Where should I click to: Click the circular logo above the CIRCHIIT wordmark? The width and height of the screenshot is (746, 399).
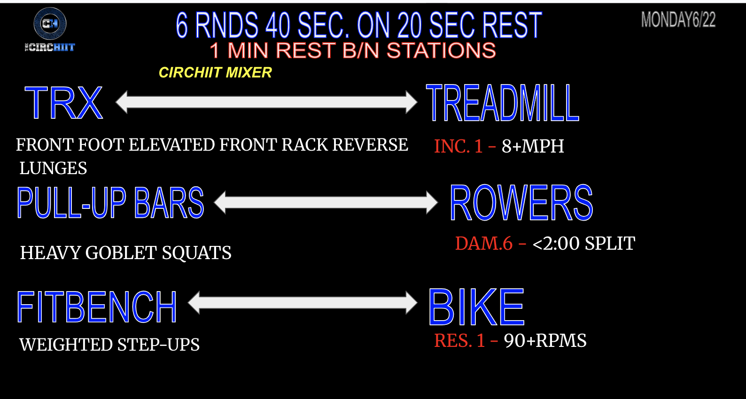[50, 23]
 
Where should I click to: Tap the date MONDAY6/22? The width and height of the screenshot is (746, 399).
[678, 19]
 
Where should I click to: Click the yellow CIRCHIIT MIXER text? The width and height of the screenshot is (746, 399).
[215, 73]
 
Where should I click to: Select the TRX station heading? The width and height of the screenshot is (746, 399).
[63, 102]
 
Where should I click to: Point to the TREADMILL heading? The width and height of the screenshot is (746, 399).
[503, 103]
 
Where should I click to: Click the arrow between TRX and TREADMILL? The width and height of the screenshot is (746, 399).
[266, 102]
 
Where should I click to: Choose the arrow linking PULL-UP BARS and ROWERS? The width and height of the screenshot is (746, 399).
[326, 202]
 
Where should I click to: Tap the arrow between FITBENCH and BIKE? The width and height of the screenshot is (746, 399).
[303, 302]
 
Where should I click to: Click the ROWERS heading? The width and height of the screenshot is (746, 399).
[521, 203]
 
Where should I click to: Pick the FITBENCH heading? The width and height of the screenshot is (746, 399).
[97, 307]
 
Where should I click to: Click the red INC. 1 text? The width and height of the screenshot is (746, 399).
[458, 146]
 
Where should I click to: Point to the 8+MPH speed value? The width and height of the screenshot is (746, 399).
[533, 146]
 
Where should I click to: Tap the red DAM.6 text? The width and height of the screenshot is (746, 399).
[483, 243]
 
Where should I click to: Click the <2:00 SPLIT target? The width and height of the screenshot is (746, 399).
[584, 243]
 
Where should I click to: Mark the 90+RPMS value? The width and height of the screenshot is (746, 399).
[545, 340]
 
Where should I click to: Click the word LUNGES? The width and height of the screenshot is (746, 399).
[53, 168]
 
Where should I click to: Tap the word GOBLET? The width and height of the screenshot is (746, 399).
[121, 253]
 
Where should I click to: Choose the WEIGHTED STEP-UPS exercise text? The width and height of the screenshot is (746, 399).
[109, 345]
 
